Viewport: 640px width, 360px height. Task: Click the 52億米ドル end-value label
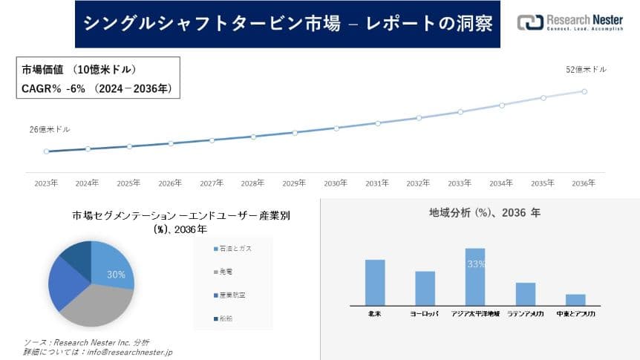[586, 69]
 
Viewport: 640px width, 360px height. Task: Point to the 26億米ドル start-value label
[50, 129]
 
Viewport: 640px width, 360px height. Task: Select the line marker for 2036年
[584, 91]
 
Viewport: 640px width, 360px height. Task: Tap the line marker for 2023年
[46, 151]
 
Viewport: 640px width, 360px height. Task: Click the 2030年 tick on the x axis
[336, 183]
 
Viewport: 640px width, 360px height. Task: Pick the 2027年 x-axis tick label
[212, 183]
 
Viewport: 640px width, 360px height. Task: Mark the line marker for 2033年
[460, 112]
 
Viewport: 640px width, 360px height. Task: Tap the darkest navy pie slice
[76, 255]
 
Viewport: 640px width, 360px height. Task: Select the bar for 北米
[375, 281]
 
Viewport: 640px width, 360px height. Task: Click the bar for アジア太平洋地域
[474, 276]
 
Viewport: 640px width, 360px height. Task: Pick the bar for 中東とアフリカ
[575, 299]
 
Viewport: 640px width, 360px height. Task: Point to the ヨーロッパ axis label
[425, 314]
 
